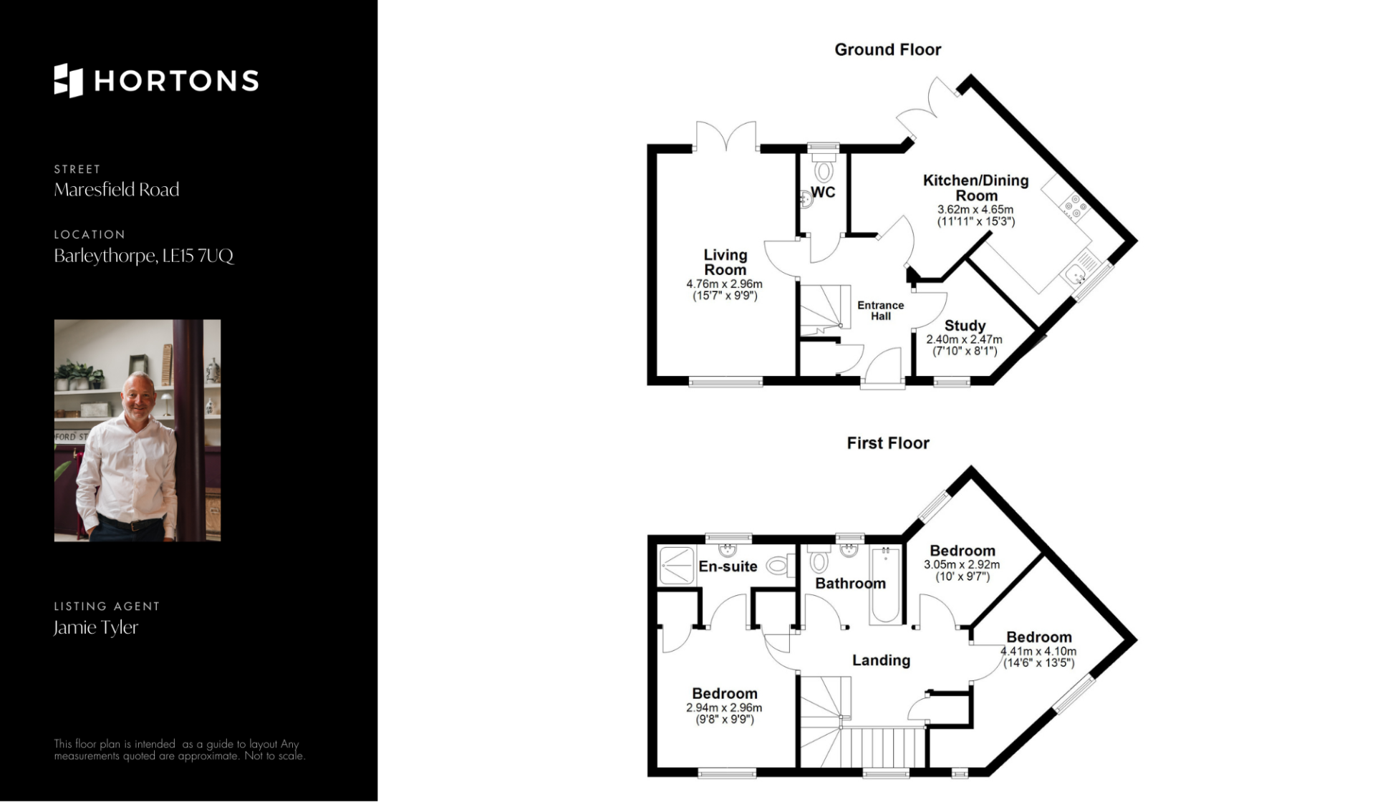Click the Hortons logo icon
click(x=69, y=80)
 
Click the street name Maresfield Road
click(x=117, y=190)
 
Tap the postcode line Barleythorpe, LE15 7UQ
click(x=144, y=256)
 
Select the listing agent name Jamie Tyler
click(x=96, y=627)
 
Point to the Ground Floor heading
click(x=888, y=49)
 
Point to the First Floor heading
click(x=888, y=443)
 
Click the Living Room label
click(x=725, y=262)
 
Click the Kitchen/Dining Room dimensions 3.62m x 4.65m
click(x=975, y=210)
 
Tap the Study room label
click(x=965, y=326)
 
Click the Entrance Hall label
click(x=881, y=310)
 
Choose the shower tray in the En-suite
click(x=676, y=566)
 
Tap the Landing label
click(x=881, y=660)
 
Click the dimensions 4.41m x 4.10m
click(x=1038, y=652)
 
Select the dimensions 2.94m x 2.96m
click(x=725, y=707)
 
